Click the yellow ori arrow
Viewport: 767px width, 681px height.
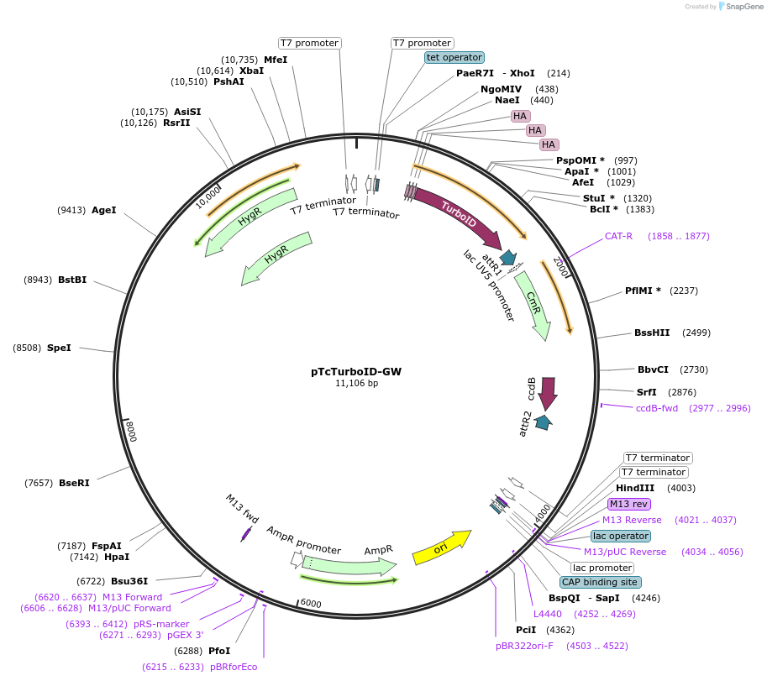point(441,547)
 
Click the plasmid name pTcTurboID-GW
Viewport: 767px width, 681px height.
point(356,371)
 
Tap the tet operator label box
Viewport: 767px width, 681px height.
point(454,57)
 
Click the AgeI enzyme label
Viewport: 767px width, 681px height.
point(104,210)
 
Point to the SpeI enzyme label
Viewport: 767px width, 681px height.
point(59,347)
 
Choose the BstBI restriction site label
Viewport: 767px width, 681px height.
point(72,280)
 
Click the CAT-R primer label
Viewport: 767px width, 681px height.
point(618,236)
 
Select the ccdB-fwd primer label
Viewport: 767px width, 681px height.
point(657,408)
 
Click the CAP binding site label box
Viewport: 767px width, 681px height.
point(600,582)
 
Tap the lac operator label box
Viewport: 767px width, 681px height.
point(620,536)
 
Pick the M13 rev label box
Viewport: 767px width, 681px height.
point(629,504)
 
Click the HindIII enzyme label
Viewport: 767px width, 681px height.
point(635,488)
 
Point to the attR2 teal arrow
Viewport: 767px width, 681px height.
point(544,422)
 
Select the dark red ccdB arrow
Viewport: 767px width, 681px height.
point(548,393)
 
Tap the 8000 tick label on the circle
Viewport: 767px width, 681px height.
point(131,432)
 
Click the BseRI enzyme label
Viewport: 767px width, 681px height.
point(74,483)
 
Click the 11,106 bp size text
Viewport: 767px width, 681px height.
point(356,383)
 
